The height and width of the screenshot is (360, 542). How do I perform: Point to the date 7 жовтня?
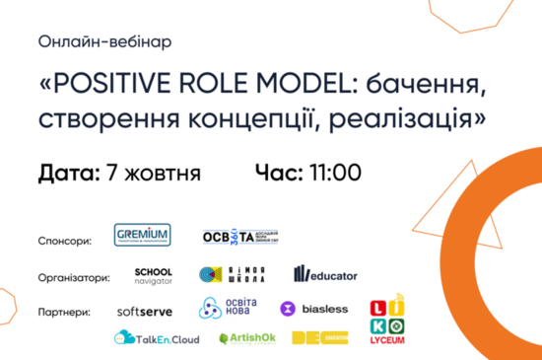153,174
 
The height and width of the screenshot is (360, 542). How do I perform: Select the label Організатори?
73,277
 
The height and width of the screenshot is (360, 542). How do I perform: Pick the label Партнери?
64,311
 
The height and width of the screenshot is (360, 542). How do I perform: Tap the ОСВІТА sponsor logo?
236,239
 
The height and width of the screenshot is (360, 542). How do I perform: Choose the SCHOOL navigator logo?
154,275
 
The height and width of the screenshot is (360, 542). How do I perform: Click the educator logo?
325,275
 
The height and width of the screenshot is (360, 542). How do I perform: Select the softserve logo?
147,310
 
